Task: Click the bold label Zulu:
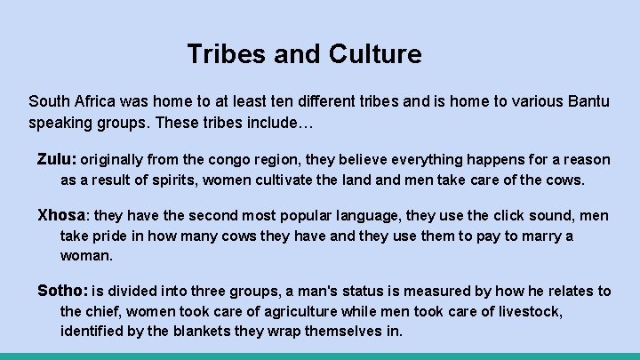[57, 160]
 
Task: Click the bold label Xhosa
[62, 216]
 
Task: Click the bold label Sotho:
[62, 292]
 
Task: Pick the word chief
[103, 311]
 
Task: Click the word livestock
[532, 311]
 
